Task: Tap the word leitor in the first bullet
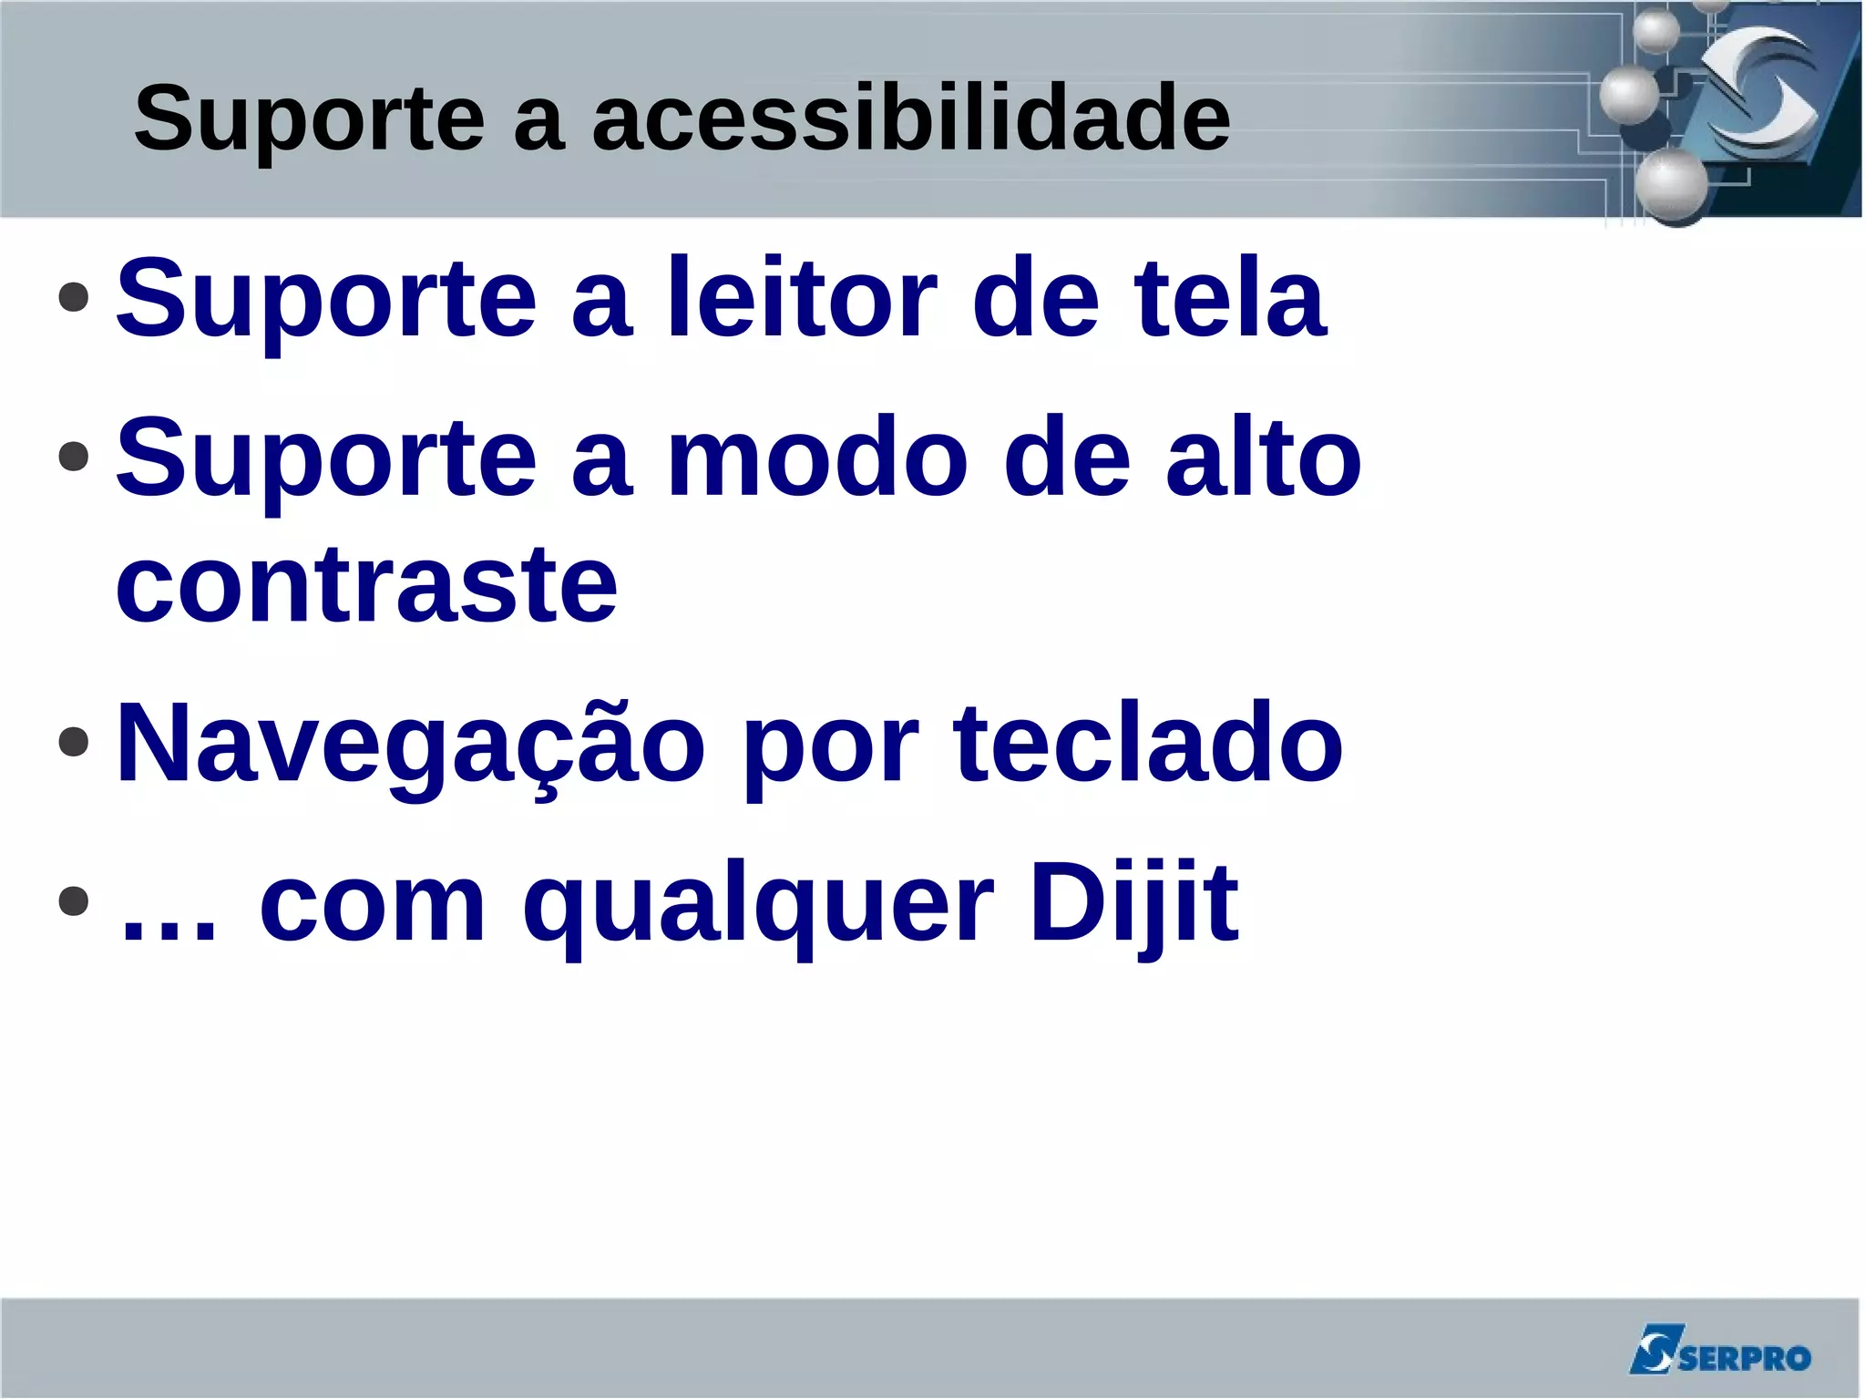click(802, 298)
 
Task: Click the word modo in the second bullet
click(817, 458)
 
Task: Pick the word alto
click(1264, 458)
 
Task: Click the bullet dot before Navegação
click(73, 742)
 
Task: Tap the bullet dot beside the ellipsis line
click(73, 901)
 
